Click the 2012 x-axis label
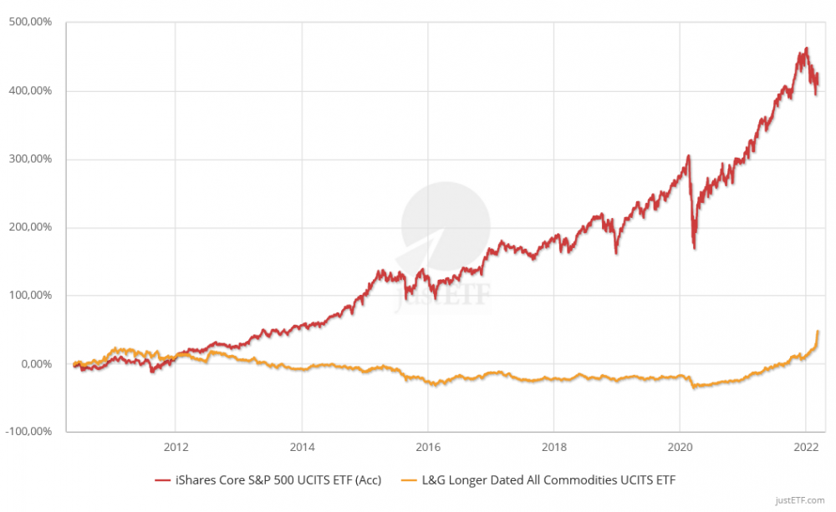point(176,446)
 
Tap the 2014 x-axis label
point(302,446)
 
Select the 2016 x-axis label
point(428,446)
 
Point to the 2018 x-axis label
point(553,446)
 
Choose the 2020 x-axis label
point(680,446)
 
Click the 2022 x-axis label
point(805,446)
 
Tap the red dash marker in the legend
point(163,480)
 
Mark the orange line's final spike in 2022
point(818,332)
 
